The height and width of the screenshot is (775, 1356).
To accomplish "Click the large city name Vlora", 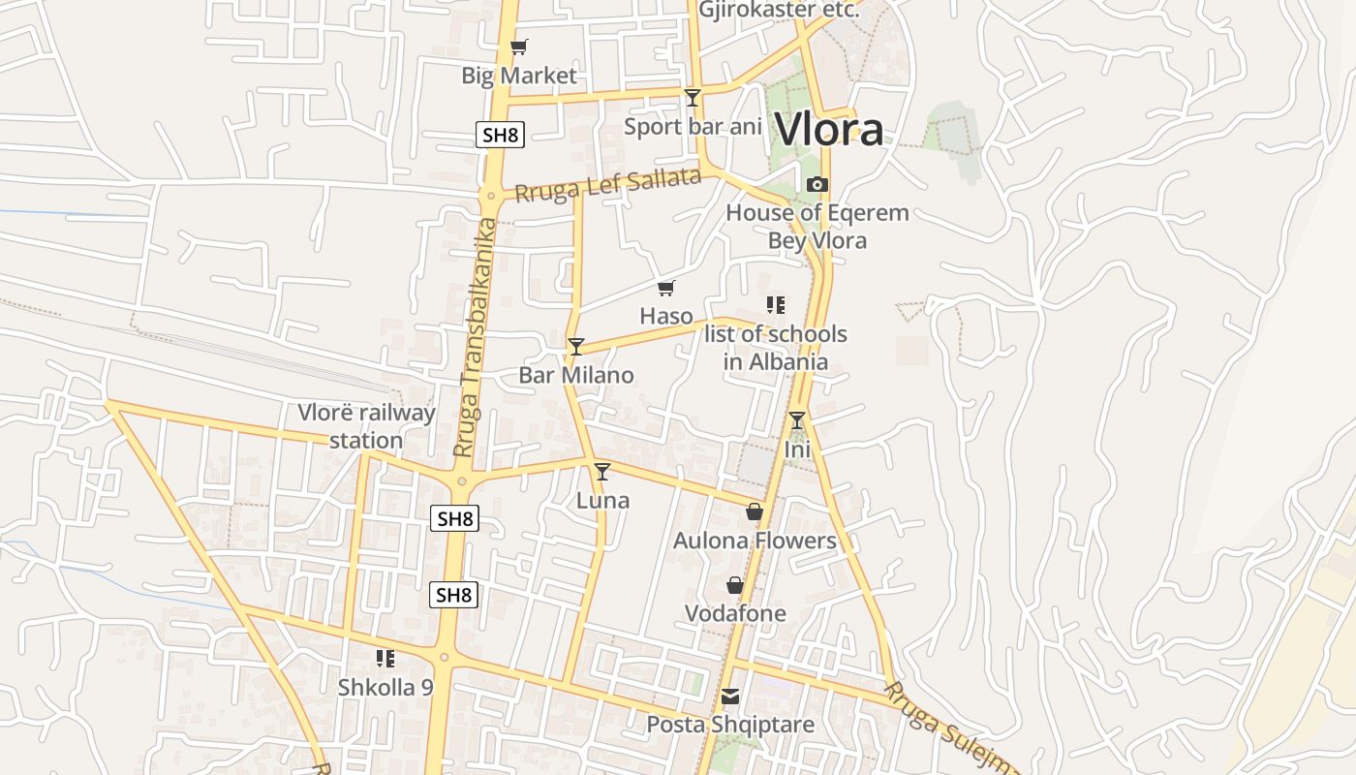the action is (830, 130).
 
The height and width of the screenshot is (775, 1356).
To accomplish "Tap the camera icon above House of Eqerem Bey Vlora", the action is (817, 184).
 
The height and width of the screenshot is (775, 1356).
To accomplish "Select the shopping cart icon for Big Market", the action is (519, 46).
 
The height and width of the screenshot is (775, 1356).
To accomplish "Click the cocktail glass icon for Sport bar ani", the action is (693, 97).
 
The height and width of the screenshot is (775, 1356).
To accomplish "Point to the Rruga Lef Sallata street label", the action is (607, 184).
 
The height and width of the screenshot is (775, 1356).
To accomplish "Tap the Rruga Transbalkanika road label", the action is (475, 339).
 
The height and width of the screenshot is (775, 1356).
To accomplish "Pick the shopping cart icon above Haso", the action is (666, 288).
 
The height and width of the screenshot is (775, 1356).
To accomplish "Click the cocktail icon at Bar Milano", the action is (576, 346).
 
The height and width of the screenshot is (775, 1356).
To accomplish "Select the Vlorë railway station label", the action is (366, 426).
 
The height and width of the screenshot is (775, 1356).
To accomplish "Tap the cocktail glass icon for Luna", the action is (602, 472).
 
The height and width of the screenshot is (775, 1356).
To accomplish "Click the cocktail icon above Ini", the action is (797, 420).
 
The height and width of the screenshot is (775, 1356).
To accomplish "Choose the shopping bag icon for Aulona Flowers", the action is (755, 511).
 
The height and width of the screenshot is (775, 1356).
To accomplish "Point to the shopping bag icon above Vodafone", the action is (735, 585).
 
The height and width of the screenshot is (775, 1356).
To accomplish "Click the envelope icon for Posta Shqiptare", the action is (730, 697).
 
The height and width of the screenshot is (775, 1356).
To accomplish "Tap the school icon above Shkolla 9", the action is (385, 660).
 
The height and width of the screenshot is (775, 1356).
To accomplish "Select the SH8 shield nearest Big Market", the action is (500, 135).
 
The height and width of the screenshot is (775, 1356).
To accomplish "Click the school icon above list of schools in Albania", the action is (775, 306).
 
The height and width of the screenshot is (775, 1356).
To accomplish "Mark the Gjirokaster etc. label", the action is (779, 11).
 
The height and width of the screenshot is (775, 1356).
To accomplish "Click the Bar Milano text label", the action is (576, 375).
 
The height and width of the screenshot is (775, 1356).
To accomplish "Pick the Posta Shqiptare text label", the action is (730, 725).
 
